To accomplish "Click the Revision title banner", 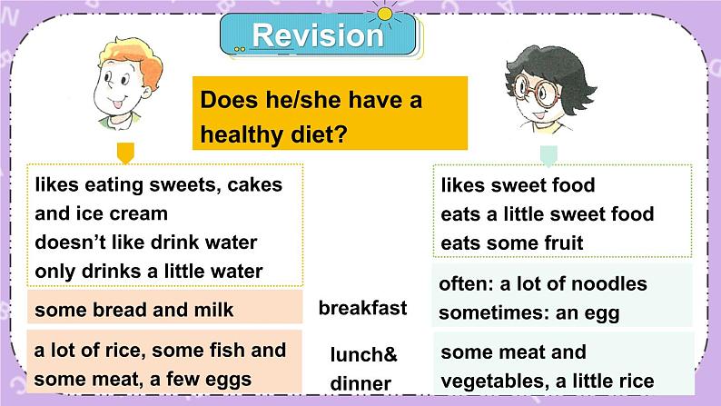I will (318, 35).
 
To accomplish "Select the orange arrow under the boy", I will (125, 152).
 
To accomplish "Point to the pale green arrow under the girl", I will (548, 153).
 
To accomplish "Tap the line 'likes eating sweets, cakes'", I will (159, 184).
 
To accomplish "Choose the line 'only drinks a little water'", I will (149, 271).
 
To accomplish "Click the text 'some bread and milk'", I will (133, 310).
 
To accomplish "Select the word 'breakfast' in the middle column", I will (362, 308).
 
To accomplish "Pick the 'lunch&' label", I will (363, 354).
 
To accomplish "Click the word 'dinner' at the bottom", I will (360, 384).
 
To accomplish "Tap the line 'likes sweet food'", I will (518, 185).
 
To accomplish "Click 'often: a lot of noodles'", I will (543, 283).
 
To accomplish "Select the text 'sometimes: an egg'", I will (528, 313).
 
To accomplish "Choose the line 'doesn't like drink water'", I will (146, 243).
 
